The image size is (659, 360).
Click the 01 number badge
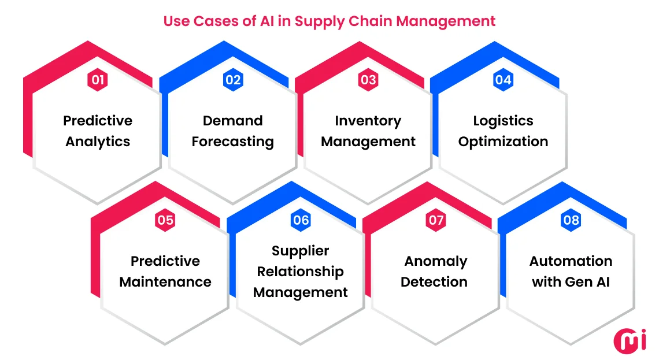pos(98,80)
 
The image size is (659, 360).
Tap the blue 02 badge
pos(233,80)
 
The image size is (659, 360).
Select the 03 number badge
pos(368,80)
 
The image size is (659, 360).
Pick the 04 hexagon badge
pos(503,80)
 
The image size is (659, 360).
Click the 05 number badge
pos(165,220)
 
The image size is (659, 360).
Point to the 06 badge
pos(301,220)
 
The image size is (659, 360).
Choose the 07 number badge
pos(436,220)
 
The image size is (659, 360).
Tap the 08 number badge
pos(571,220)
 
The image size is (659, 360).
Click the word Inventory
pos(368,121)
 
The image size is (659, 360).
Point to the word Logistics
pos(503,121)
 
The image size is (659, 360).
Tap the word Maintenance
pos(165,283)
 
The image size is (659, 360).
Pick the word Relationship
pos(301,272)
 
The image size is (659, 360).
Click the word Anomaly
pos(436,261)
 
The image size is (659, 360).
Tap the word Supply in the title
pos(319,21)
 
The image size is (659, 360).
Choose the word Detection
pos(434,283)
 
